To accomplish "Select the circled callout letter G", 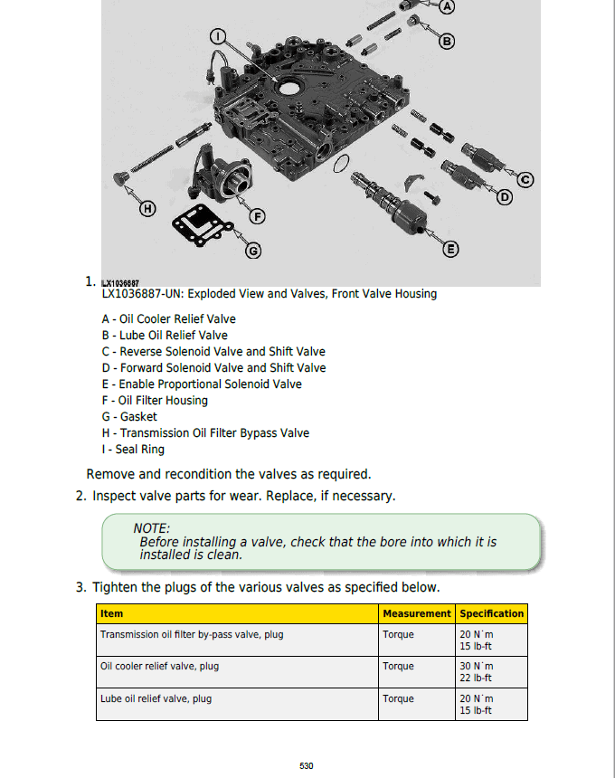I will (x=253, y=251).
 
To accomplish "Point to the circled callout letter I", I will (x=217, y=37).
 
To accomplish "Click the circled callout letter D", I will (x=505, y=196).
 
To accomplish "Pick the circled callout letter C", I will (x=525, y=178).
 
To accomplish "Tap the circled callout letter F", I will (x=258, y=216).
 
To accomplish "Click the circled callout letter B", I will (x=447, y=41).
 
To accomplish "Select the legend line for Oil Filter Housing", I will (x=155, y=401).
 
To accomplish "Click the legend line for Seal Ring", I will (x=133, y=450).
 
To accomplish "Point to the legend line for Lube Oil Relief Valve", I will (x=165, y=336).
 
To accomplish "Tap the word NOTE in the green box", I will (x=151, y=528).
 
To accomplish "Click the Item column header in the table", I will (x=111, y=613).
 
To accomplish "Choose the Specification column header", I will (x=492, y=613).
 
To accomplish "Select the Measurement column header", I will (x=416, y=613).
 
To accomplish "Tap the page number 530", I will (x=307, y=766).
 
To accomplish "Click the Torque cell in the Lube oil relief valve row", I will (x=398, y=699).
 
